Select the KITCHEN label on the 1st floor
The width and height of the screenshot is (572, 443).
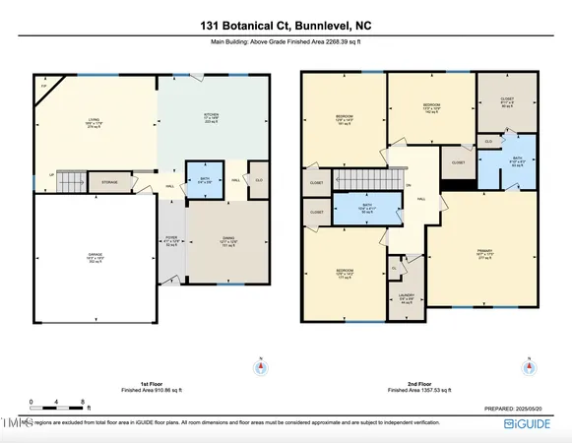[211, 118]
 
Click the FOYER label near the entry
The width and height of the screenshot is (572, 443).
[172, 242]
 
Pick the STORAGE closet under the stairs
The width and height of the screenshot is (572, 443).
[108, 182]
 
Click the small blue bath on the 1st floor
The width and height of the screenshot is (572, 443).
[204, 179]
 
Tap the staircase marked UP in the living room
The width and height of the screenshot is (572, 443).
[65, 182]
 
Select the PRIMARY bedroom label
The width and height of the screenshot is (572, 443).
[485, 255]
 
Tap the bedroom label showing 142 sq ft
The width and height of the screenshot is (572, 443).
[430, 108]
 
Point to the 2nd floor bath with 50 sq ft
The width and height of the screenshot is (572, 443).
[366, 209]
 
